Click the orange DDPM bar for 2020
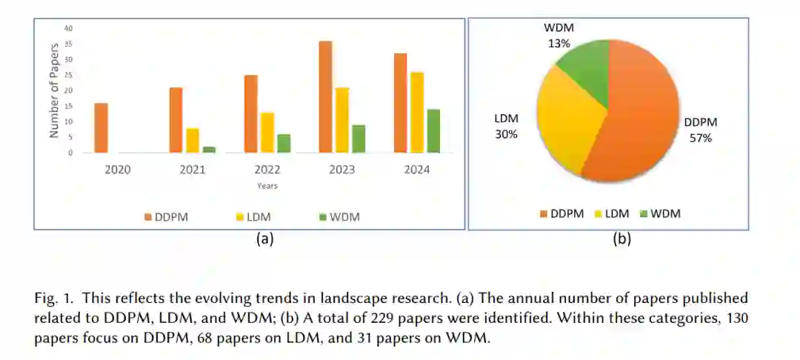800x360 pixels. [101, 128]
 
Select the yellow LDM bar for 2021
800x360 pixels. [192, 141]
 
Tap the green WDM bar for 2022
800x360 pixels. [283, 144]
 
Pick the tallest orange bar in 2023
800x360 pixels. [325, 97]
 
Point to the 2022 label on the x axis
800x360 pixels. [267, 170]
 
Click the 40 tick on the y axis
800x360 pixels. [69, 28]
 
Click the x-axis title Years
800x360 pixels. [267, 186]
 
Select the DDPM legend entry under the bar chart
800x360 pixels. [166, 216]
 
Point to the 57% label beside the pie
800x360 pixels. [700, 137]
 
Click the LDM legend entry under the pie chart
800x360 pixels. [611, 213]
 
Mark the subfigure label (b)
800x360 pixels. [621, 239]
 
